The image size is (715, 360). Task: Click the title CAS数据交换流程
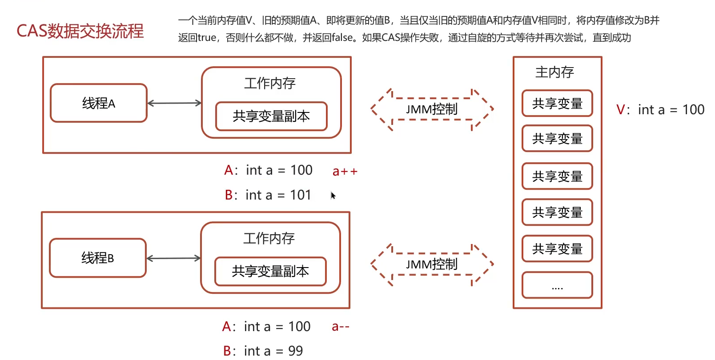click(x=80, y=31)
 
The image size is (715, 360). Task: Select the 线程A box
click(x=98, y=103)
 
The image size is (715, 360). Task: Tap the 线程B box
click(x=97, y=258)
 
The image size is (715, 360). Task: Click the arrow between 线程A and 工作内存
click(x=174, y=103)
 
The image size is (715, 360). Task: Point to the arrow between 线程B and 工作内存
click(x=173, y=258)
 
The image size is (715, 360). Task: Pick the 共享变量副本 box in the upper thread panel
click(x=271, y=116)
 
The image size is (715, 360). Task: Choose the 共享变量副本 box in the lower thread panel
click(x=270, y=271)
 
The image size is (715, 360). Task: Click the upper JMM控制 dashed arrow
click(x=432, y=109)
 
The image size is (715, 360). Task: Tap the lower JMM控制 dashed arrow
click(x=432, y=264)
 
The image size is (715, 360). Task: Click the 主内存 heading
click(x=554, y=72)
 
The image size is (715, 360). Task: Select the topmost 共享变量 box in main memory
click(x=557, y=104)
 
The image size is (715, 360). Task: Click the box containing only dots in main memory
click(x=557, y=285)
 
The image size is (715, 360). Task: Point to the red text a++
click(x=345, y=171)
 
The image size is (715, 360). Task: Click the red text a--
click(x=341, y=327)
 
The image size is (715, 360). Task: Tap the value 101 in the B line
click(x=301, y=195)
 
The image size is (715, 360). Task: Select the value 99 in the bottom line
click(x=295, y=351)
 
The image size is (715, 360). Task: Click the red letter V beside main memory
click(x=621, y=110)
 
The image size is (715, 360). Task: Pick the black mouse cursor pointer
click(x=333, y=195)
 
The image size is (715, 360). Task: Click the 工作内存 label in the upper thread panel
click(x=270, y=83)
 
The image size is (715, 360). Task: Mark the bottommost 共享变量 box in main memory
click(x=557, y=249)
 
